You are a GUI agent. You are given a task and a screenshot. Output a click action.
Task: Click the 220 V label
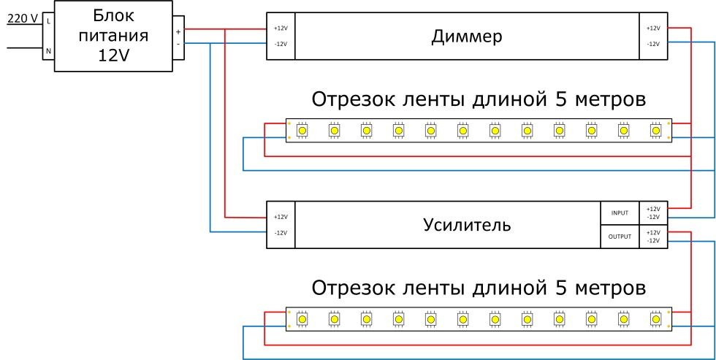click(22, 19)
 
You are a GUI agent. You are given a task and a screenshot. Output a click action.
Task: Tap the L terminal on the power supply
click(48, 20)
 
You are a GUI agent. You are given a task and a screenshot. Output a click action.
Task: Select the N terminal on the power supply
click(48, 51)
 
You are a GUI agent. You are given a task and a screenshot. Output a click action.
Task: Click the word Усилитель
click(467, 224)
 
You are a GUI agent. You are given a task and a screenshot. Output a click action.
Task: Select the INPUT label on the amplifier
click(620, 212)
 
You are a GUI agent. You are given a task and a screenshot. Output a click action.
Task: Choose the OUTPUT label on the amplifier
click(620, 237)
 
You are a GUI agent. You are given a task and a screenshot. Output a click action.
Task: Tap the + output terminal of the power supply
click(178, 31)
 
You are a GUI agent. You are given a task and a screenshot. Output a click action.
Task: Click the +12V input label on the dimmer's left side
click(281, 28)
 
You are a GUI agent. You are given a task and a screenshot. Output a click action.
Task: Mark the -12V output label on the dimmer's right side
click(653, 44)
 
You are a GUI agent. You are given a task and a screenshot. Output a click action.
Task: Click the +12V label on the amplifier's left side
click(281, 217)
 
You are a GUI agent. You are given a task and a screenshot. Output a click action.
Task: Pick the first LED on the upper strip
click(302, 130)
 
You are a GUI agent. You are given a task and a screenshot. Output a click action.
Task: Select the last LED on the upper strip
click(655, 130)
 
